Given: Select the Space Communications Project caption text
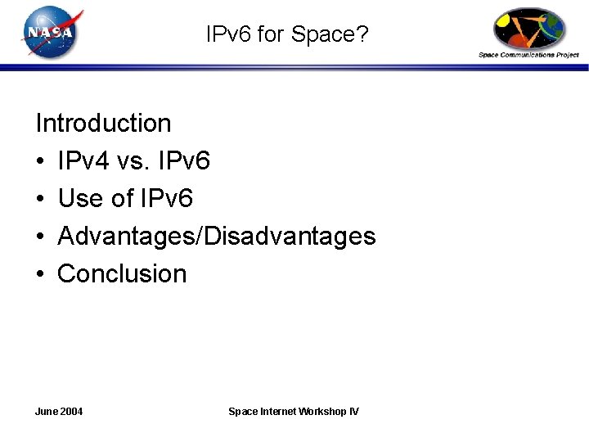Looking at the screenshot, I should tap(528, 55).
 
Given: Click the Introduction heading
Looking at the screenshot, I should tap(103, 124).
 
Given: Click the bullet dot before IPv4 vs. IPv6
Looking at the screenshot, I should tap(40, 162).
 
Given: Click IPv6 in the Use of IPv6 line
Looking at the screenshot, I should tap(166, 199).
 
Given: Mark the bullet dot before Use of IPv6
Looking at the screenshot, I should tap(40, 200).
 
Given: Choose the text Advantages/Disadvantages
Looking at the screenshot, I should tap(217, 237).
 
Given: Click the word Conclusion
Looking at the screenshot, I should tap(123, 274).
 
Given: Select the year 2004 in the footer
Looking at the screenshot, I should tap(71, 411).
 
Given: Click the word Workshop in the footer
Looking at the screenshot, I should tap(324, 411).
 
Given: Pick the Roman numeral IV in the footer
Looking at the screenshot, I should tap(353, 411).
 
